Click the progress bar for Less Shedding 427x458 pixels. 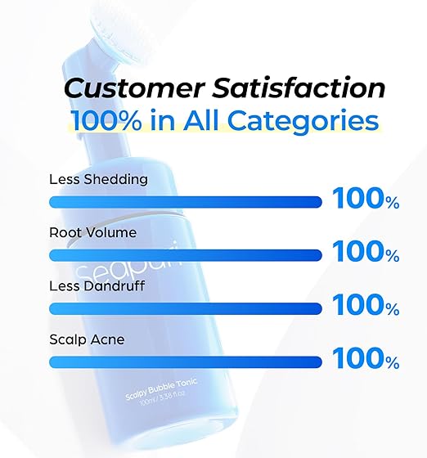tap(185, 201)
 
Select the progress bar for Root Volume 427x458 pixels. tap(185, 255)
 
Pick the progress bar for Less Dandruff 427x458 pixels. tap(185, 308)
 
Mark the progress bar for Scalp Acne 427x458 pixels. tap(185, 362)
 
